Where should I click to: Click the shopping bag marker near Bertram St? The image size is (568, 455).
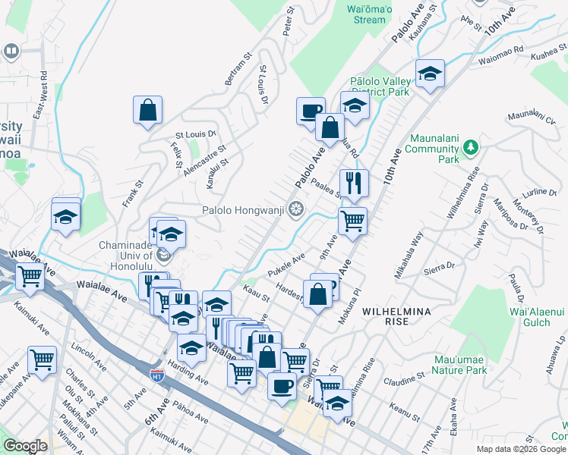147,109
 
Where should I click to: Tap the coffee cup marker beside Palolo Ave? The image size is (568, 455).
310,111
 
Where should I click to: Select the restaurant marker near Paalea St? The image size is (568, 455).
354,182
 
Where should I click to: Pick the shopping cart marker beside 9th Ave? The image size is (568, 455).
352,221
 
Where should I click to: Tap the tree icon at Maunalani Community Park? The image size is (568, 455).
471,146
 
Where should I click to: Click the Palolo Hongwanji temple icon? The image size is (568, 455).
295,209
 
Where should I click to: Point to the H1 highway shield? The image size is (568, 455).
157,375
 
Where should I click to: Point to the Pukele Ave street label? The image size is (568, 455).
286,265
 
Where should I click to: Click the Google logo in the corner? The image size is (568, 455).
25,446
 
